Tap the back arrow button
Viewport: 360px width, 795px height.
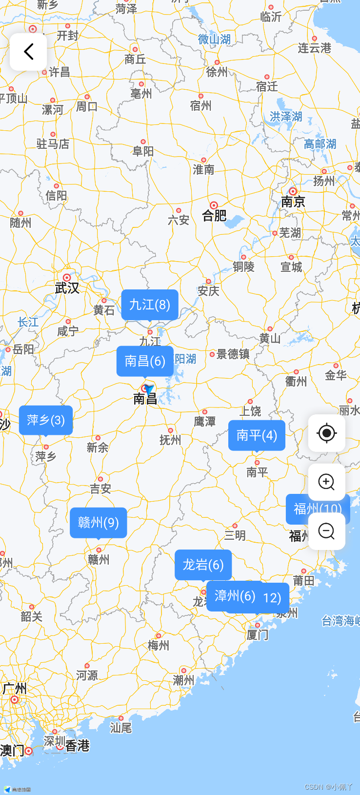click(x=28, y=51)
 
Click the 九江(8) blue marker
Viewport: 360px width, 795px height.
click(x=149, y=305)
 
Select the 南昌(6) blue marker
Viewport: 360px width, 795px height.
click(x=145, y=361)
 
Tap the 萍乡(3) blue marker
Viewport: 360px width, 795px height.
click(x=46, y=420)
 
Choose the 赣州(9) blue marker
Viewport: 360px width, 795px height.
click(x=98, y=523)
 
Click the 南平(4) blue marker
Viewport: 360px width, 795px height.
click(x=257, y=435)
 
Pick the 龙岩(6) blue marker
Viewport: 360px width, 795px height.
click(x=203, y=565)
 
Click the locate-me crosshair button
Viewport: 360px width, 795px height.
click(x=326, y=433)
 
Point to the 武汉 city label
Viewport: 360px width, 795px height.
click(x=67, y=288)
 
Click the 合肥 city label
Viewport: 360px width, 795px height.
click(x=215, y=215)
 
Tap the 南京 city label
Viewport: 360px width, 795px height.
click(x=293, y=202)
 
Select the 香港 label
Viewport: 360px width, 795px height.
click(x=77, y=746)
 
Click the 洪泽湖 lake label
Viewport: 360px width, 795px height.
click(x=286, y=117)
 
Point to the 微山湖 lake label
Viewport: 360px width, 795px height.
click(x=214, y=40)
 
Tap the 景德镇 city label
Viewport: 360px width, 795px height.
click(x=233, y=354)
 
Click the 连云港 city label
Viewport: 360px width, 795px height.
click(x=314, y=48)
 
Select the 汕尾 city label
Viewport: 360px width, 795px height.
click(x=120, y=728)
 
